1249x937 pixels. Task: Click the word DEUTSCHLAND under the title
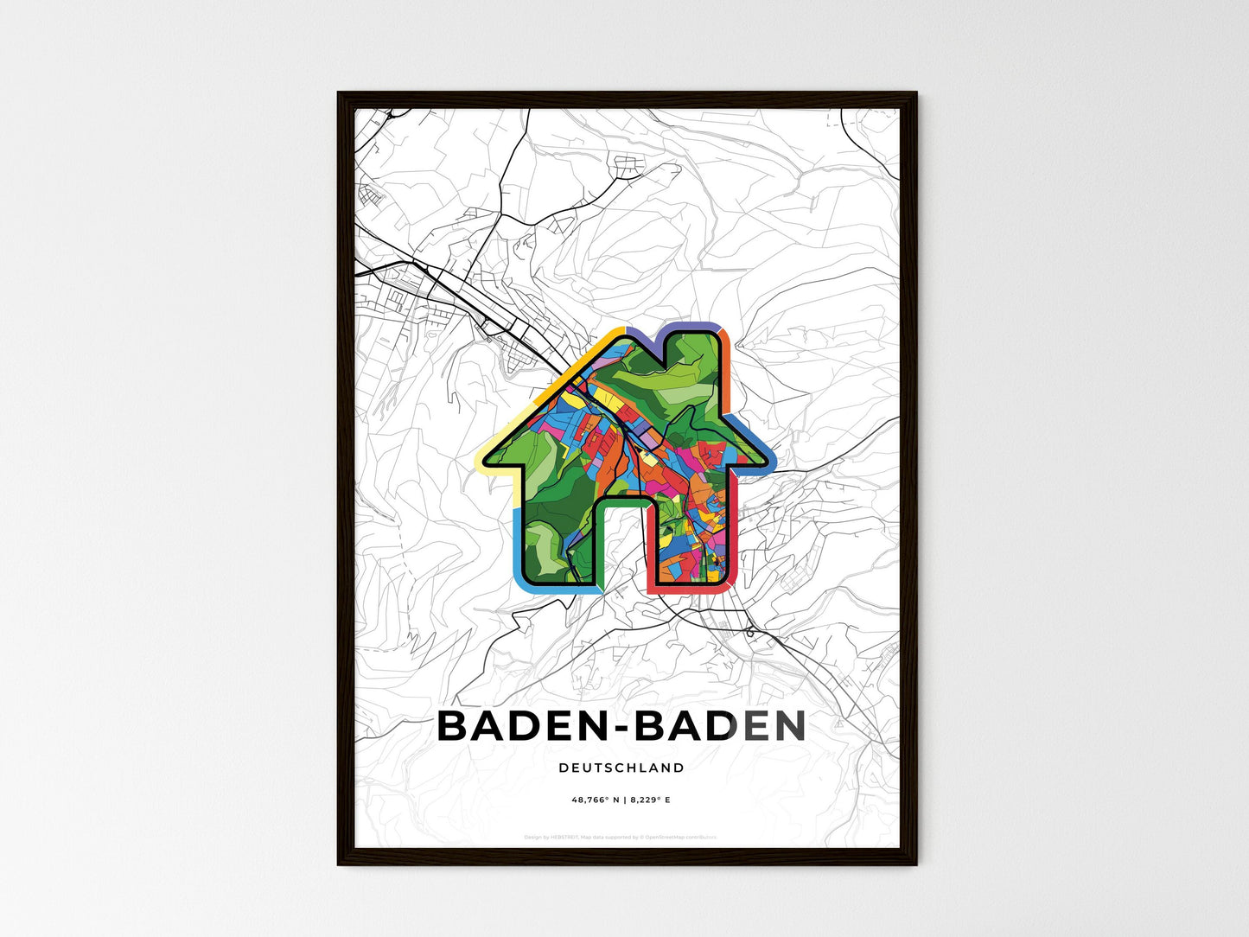click(x=621, y=768)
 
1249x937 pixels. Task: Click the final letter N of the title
click(x=788, y=726)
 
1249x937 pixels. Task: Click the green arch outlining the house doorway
click(x=621, y=500)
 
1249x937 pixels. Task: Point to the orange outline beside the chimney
click(x=727, y=372)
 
